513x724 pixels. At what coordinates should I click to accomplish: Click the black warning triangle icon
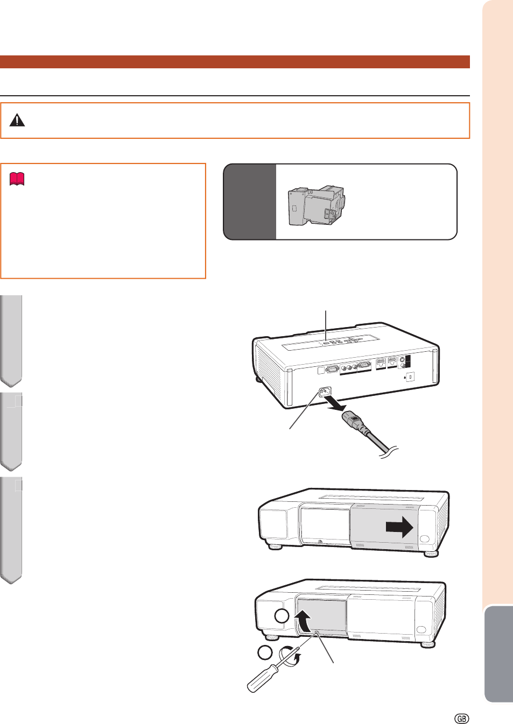[17, 120]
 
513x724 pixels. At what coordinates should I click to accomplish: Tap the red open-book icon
[17, 179]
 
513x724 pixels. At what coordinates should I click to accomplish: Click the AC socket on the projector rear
[325, 392]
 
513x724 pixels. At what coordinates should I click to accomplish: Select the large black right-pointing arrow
[399, 527]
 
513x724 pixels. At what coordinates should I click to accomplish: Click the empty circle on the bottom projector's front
[282, 616]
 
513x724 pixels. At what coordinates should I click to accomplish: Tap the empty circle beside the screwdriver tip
[265, 652]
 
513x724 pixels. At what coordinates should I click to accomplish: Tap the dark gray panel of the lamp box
[250, 202]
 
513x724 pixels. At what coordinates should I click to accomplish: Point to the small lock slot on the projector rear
[411, 377]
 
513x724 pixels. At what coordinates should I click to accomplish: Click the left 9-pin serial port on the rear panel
[332, 369]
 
